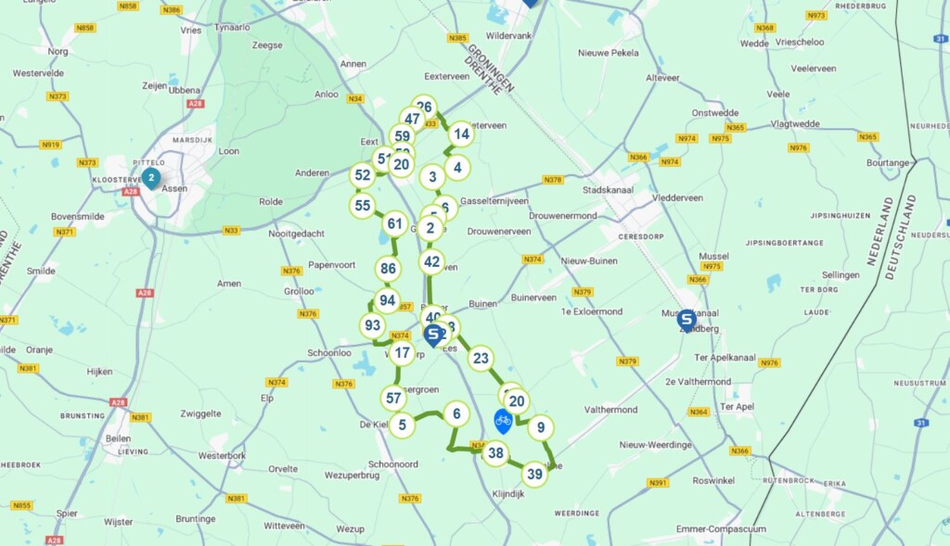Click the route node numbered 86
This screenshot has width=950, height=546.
coord(389,270)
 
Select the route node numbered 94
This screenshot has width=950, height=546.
coord(387,301)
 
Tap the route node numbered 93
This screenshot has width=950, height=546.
coord(373,325)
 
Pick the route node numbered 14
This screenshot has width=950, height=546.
coord(460,133)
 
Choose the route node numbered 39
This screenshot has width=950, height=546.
coord(534,475)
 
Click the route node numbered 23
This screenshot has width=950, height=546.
coord(480,359)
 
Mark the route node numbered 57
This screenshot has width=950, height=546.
coord(393,399)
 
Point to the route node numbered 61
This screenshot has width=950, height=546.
coord(395,223)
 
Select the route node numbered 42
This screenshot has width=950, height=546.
coord(431,261)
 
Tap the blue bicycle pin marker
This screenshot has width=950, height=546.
coord(503,421)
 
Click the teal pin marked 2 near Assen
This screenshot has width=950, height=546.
coord(150,178)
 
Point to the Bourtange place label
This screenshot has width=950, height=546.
coord(887,163)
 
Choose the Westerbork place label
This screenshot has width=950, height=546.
coord(221,455)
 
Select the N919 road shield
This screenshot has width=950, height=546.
coord(51,144)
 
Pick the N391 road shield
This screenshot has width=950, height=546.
coord(658,482)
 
